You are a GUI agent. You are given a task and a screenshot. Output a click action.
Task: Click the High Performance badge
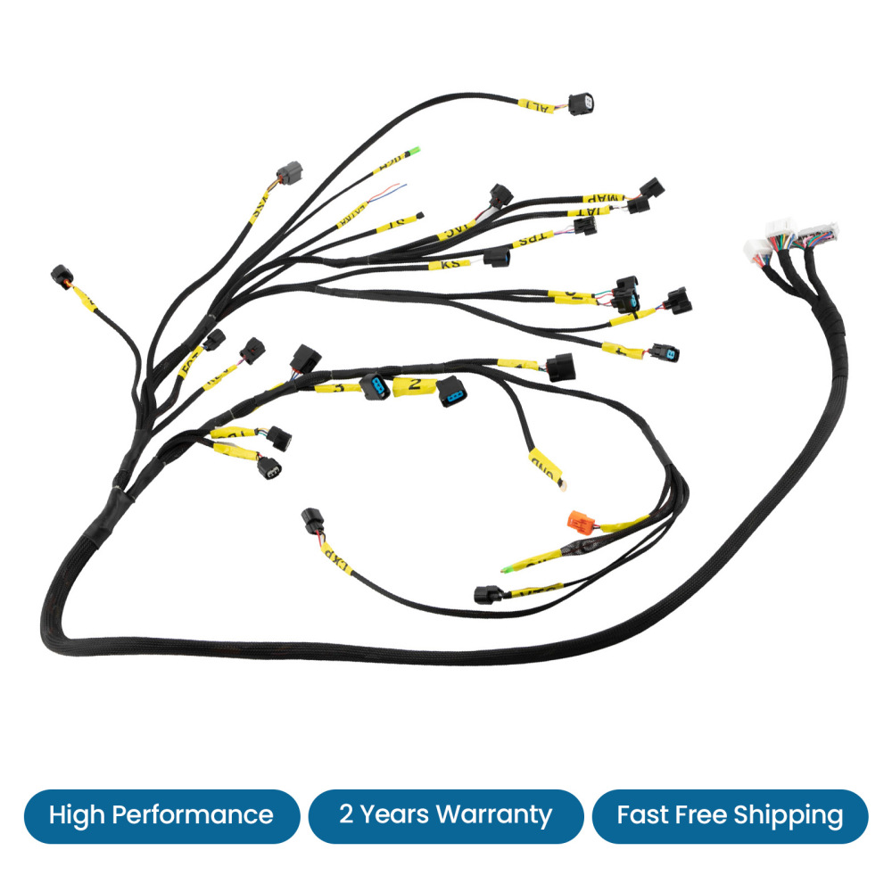click(x=161, y=815)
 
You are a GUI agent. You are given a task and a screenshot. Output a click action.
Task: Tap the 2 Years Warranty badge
click(x=445, y=815)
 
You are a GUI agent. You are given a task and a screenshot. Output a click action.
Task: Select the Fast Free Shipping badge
click(x=730, y=815)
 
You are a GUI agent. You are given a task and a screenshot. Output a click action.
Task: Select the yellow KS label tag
click(x=441, y=265)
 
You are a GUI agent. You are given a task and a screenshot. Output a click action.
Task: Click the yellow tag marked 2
click(x=415, y=385)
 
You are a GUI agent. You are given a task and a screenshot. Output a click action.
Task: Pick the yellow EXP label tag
click(x=335, y=557)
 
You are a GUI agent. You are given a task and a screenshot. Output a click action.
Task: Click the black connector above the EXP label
click(x=312, y=520)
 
